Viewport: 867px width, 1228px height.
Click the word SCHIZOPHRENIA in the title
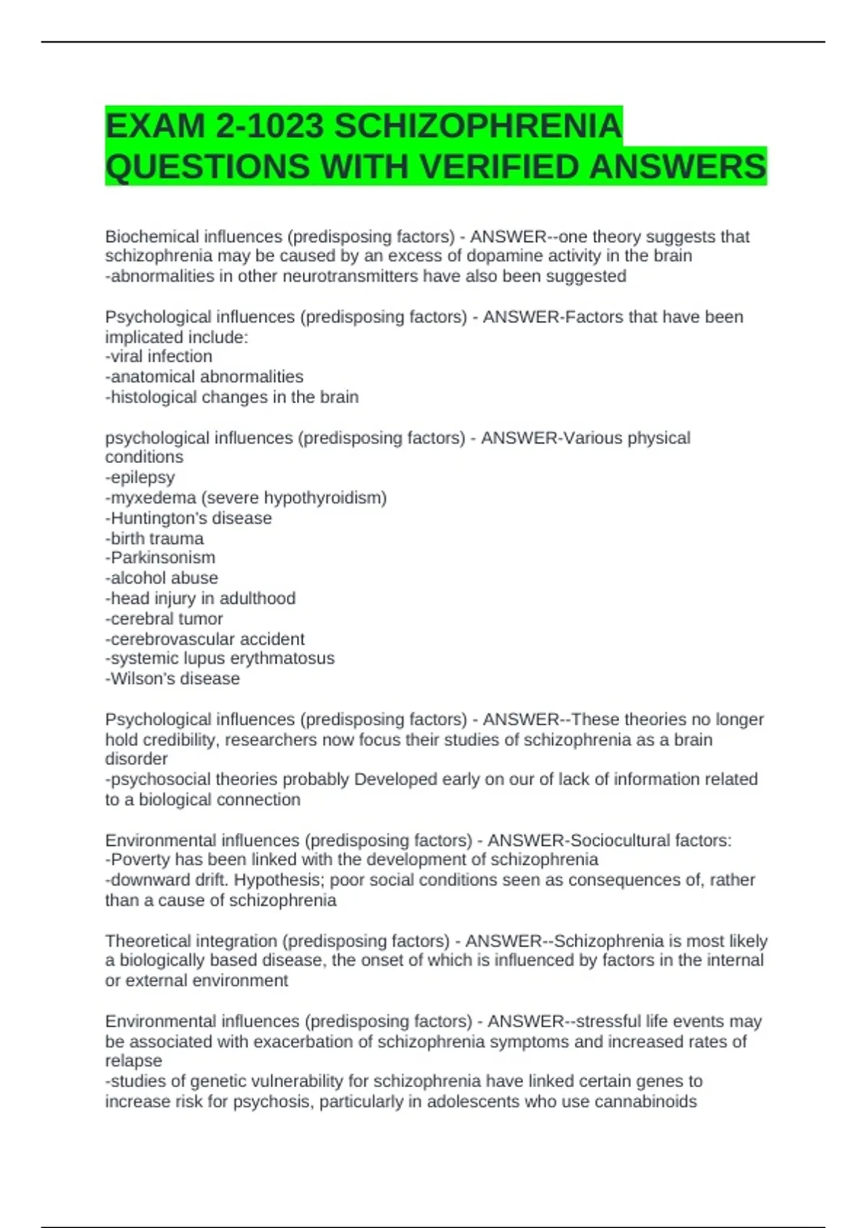[478, 126]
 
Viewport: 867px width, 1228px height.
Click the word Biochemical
[152, 236]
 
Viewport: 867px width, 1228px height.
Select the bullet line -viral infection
[159, 356]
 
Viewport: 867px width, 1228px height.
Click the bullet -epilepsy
[140, 477]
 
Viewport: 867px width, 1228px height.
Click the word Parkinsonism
[163, 558]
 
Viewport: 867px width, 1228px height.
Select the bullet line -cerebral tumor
[164, 618]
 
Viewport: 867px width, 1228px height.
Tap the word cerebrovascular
[173, 639]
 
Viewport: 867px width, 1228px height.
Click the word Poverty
[140, 860]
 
